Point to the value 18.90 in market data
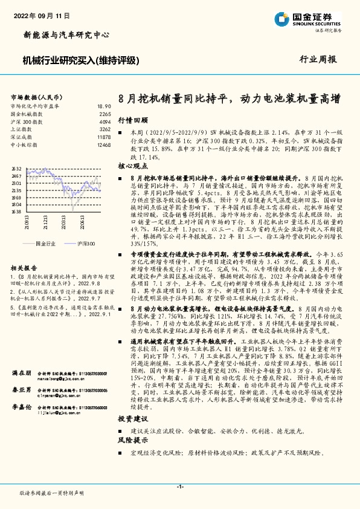pyautogui.click(x=104, y=105)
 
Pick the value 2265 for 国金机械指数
pyautogui.click(x=105, y=114)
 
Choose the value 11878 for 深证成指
pyautogui.click(x=104, y=137)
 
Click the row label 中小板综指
pyautogui.click(x=24, y=145)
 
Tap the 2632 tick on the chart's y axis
pyautogui.click(x=16, y=169)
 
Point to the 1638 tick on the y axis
pyautogui.click(x=16, y=212)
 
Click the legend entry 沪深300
pyautogui.click(x=87, y=242)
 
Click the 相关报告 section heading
pyautogui.click(x=25, y=267)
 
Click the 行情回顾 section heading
pyautogui.click(x=132, y=120)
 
